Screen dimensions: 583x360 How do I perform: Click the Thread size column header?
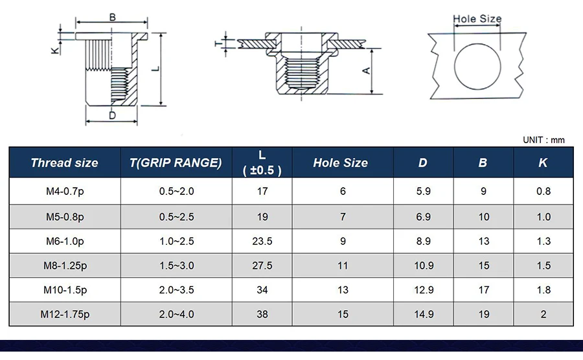pyautogui.click(x=64, y=163)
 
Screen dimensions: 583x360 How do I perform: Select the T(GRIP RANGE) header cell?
pyautogui.click(x=176, y=163)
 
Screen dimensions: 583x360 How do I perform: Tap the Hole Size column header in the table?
pyautogui.click(x=341, y=163)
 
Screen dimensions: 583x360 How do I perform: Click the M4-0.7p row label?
pyautogui.click(x=65, y=192)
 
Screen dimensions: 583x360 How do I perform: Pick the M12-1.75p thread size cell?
pyautogui.click(x=65, y=314)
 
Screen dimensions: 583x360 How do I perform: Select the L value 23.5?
pyautogui.click(x=262, y=242)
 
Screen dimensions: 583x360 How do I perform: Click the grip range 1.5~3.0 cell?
pyautogui.click(x=177, y=265)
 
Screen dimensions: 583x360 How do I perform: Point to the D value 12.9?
pyautogui.click(x=424, y=290)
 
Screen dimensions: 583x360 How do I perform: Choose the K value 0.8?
pyautogui.click(x=543, y=192)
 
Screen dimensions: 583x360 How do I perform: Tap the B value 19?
pyautogui.click(x=484, y=314)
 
